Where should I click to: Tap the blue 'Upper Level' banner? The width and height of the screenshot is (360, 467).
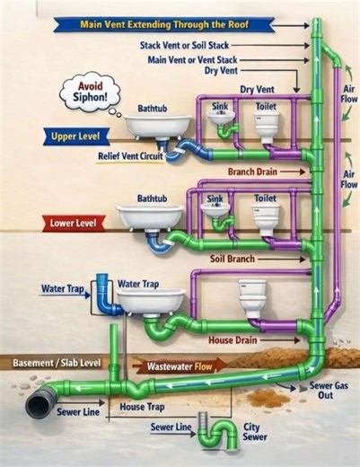[x=76, y=137]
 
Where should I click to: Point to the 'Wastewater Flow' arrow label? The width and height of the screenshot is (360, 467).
[x=179, y=366]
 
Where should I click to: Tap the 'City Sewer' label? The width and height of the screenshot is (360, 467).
[x=254, y=432]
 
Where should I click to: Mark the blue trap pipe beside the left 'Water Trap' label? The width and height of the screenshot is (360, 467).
[x=105, y=295]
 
